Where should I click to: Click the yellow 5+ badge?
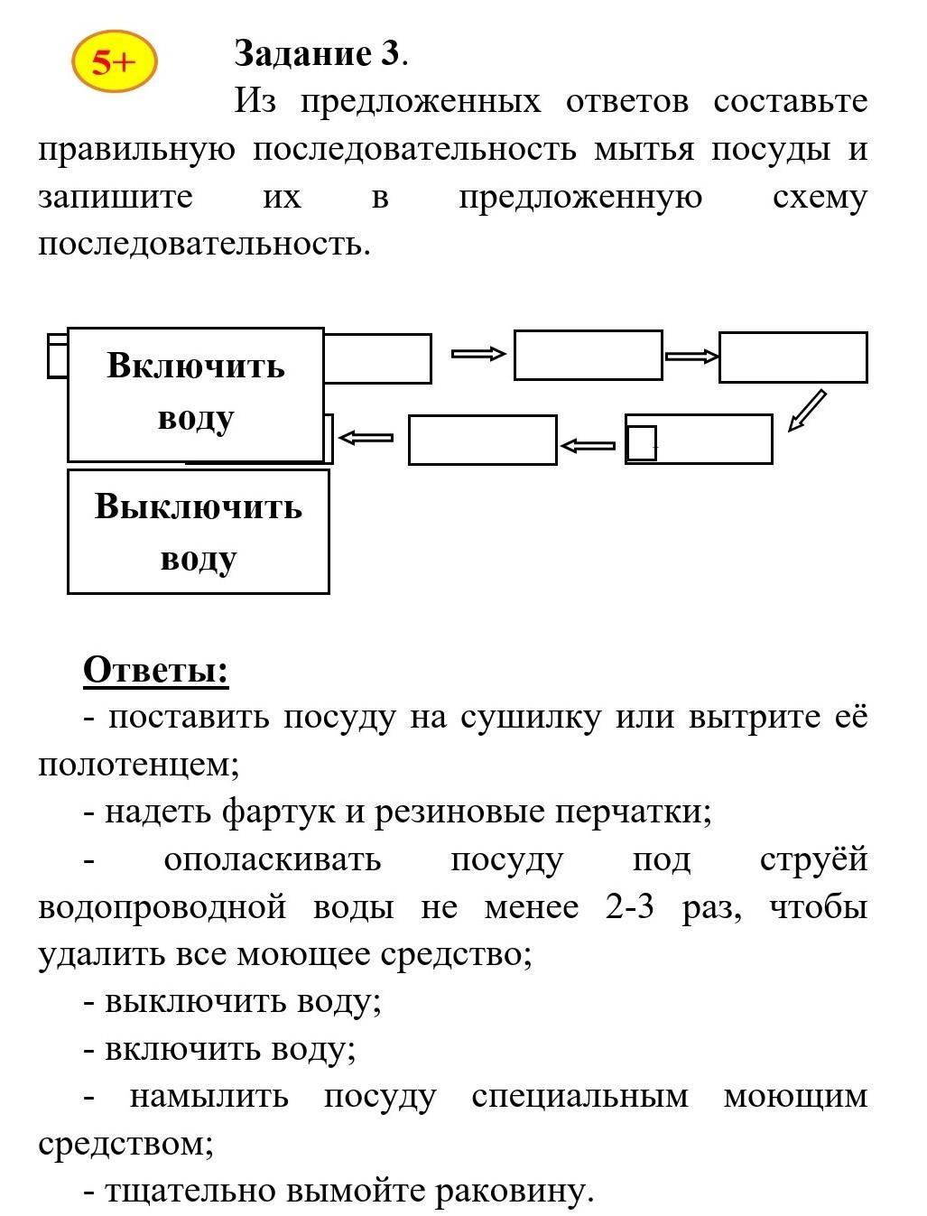(x=115, y=61)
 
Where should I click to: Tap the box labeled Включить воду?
(x=196, y=395)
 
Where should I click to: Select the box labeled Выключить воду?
(x=199, y=532)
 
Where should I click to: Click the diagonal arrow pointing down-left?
(x=807, y=411)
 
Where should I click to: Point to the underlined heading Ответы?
(x=155, y=670)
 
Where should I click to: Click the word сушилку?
(x=531, y=718)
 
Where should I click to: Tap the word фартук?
(x=279, y=813)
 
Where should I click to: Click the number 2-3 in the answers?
(x=630, y=907)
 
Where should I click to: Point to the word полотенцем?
(x=138, y=765)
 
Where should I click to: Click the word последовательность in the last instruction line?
(x=204, y=244)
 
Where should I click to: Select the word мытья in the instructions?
(x=644, y=150)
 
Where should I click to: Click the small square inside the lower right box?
(x=642, y=442)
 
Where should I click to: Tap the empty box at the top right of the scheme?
(x=793, y=357)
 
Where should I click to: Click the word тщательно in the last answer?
(x=190, y=1191)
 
